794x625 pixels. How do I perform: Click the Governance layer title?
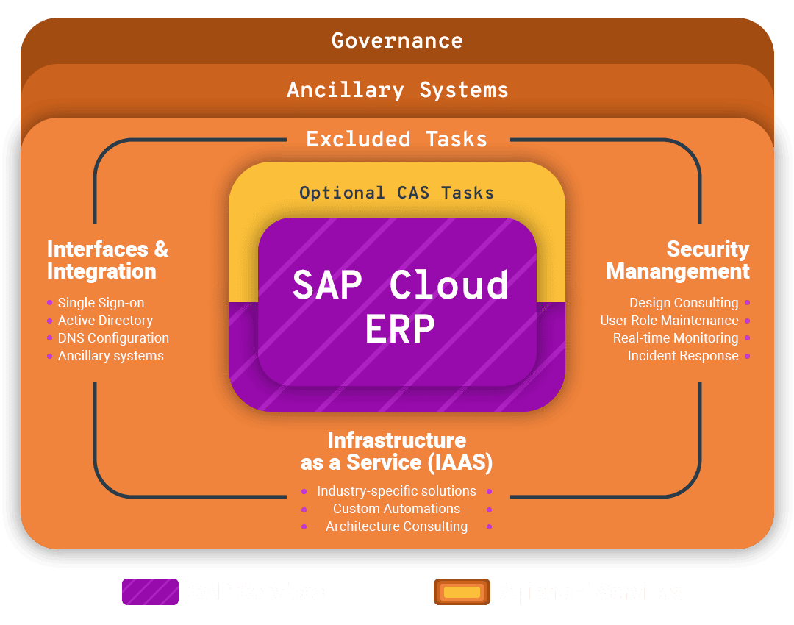397,40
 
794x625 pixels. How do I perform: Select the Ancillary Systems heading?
397,90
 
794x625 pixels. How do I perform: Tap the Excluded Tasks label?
397,139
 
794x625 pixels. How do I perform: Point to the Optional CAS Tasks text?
397,193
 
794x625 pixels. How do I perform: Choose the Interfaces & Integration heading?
107,260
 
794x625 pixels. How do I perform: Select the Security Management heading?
677,260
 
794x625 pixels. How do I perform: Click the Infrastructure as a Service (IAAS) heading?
397,451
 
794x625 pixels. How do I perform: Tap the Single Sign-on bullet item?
101,303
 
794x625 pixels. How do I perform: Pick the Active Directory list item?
105,321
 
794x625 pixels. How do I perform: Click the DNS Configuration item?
113,338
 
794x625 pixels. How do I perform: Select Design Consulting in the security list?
684,303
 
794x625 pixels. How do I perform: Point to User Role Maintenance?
669,321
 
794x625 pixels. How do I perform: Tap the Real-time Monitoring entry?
676,338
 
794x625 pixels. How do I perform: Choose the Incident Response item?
683,356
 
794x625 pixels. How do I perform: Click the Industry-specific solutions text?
396,491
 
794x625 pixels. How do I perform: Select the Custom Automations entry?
396,509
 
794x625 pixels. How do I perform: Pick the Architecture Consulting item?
396,526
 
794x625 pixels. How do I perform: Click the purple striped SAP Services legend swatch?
150,592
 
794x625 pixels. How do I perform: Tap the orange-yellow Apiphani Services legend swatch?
462,592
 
